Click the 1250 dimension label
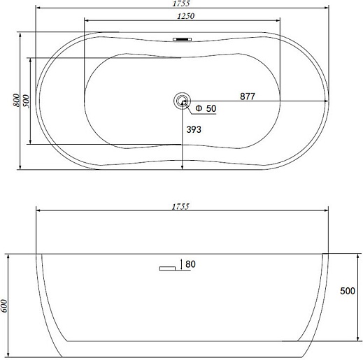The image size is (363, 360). coord(186,16)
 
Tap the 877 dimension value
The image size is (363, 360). coord(248,96)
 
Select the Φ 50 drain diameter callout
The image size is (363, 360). coord(206,108)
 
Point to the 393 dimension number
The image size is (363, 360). coord(194,129)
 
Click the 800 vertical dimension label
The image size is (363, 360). coord(16,100)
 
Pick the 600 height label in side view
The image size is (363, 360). coord(4,306)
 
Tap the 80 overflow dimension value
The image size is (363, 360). coord(190,264)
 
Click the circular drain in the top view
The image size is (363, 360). coord(182,101)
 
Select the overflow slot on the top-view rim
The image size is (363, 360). coord(183,39)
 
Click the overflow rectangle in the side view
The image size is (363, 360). coord(167,268)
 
